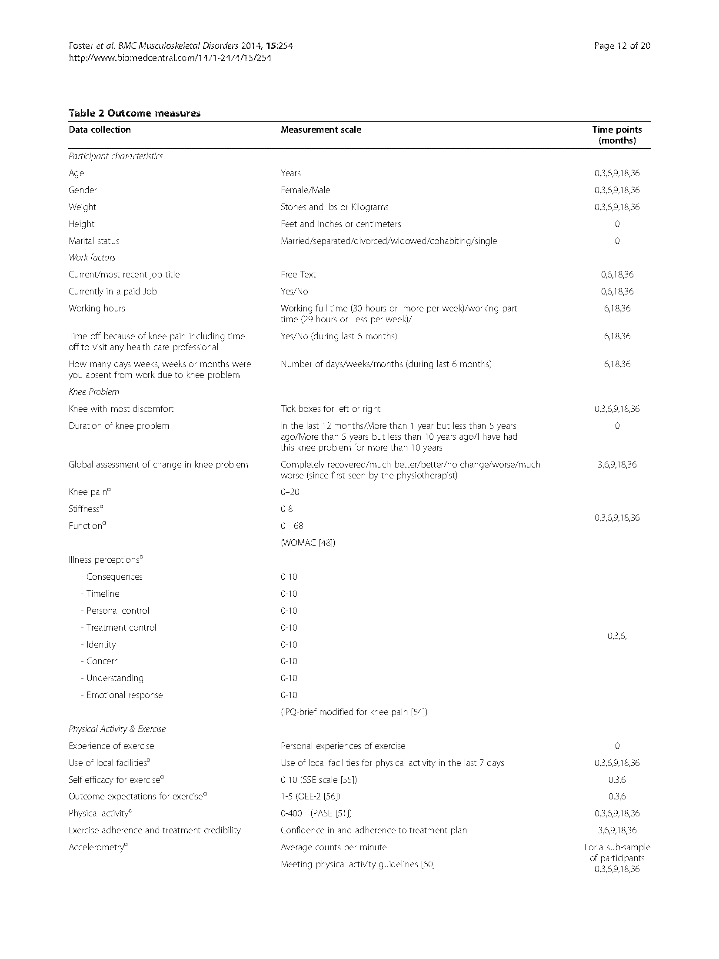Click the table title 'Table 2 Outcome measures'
point(134,113)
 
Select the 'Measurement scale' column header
point(321,130)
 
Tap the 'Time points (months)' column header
point(617,135)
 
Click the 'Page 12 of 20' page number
point(622,46)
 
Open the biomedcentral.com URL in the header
point(170,58)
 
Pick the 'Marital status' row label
point(94,241)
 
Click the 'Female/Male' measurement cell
point(305,190)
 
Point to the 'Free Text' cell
point(298,274)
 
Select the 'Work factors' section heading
point(92,257)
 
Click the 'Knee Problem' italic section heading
point(94,392)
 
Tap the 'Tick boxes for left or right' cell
point(330,409)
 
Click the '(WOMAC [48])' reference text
point(308,543)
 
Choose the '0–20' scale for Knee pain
point(290,492)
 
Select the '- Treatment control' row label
point(118,628)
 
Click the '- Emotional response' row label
point(122,695)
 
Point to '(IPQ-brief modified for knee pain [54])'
point(354,712)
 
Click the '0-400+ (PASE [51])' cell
point(316,813)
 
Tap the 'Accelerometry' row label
point(98,847)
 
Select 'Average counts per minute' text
point(333,847)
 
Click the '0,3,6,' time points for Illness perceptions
point(617,636)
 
